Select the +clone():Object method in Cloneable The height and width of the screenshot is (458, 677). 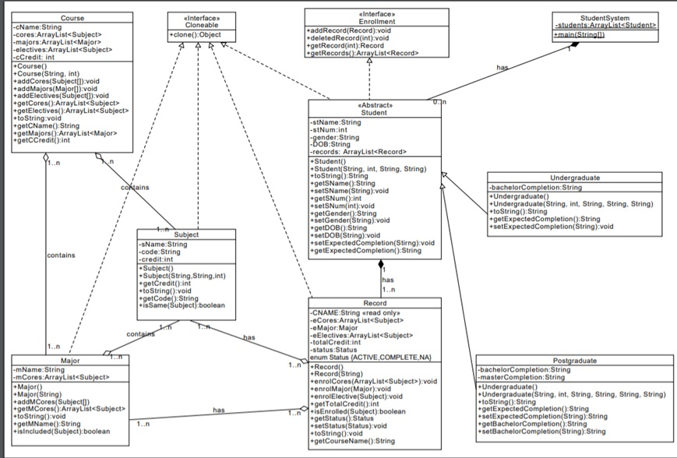point(198,35)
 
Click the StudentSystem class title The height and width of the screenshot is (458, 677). point(605,17)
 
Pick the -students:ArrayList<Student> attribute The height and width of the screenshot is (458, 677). point(605,26)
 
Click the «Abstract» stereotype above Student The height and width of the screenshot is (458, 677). point(374,105)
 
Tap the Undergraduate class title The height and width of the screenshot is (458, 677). point(574,178)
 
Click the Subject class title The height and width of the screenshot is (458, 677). point(187,234)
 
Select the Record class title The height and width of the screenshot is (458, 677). point(375,303)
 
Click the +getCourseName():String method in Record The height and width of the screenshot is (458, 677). point(353,442)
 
